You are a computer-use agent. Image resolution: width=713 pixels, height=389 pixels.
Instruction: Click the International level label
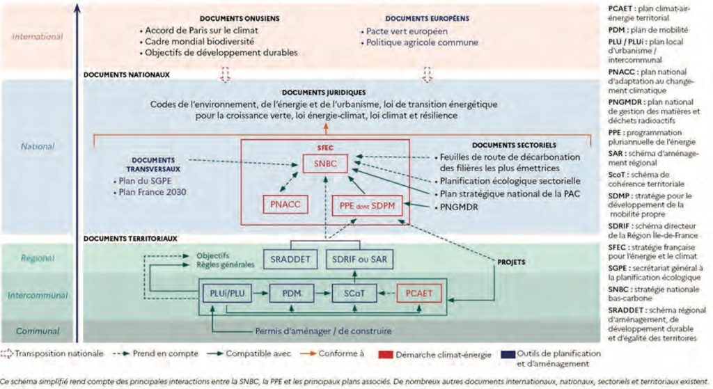click(x=38, y=37)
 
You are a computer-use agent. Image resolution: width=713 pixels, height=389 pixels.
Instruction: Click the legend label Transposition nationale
click(x=60, y=353)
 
